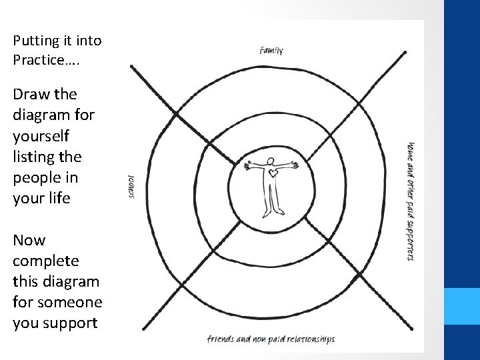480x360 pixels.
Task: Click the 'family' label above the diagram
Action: pos(271,50)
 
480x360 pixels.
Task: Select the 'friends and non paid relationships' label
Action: pos(271,339)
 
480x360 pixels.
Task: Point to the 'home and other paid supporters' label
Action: pos(411,200)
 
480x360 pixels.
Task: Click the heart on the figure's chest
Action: pos(273,174)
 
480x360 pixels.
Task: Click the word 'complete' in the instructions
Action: pos(46,261)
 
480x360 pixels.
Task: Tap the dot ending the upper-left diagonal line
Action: pos(133,67)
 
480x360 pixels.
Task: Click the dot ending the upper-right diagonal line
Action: pos(405,51)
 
